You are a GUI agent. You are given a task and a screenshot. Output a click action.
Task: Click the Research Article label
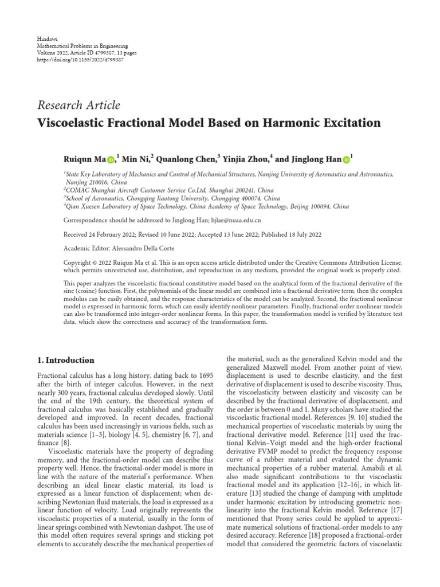tap(78, 105)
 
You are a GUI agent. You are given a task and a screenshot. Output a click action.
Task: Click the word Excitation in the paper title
tap(349, 123)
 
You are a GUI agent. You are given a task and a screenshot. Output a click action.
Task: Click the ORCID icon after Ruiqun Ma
tap(111, 158)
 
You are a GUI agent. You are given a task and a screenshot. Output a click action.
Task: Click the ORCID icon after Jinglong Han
tap(346, 158)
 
